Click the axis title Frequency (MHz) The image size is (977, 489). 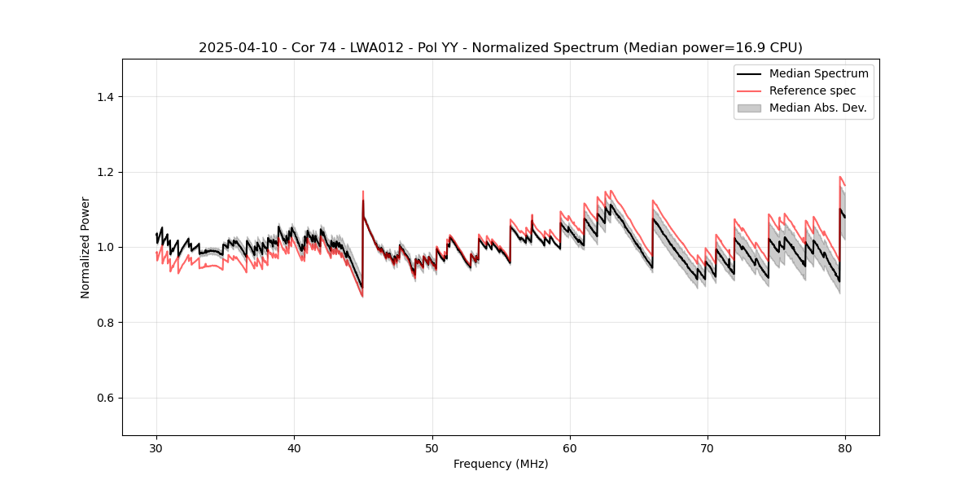coord(501,464)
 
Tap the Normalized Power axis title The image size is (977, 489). coord(85,247)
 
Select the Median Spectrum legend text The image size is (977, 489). coord(818,73)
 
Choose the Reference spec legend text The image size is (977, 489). coord(812,90)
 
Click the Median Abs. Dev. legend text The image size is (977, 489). coord(817,108)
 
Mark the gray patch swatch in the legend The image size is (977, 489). coord(749,108)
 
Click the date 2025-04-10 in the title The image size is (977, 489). coord(230,48)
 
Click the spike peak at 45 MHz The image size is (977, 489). coord(363,192)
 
